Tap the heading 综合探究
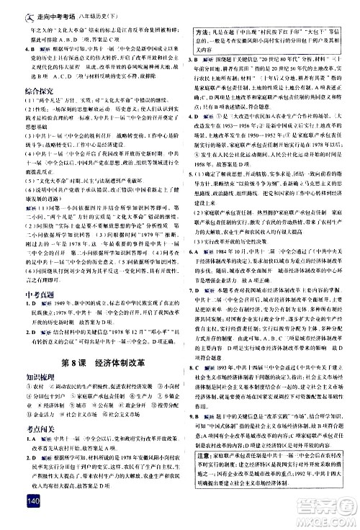pyautogui.click(x=21, y=91)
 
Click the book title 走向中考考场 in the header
pyautogui.click(x=40, y=7)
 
